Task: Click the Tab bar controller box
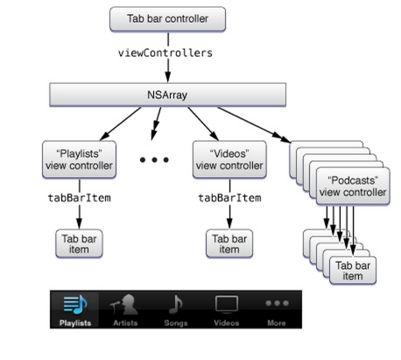167,18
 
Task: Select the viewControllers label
165,53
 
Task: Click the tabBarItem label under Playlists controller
78,198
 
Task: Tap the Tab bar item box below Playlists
78,243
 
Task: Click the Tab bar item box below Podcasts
352,270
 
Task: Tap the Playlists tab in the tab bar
75,310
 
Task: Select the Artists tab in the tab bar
125,310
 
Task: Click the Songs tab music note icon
176,304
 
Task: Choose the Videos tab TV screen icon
227,304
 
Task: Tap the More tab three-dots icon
277,303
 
